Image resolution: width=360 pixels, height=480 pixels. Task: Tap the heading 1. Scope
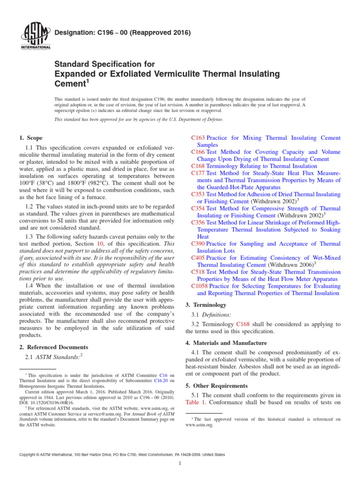[x=31, y=138]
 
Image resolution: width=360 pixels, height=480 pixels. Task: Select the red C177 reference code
[x=198, y=173]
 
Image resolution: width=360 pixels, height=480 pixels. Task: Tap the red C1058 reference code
[x=200, y=286]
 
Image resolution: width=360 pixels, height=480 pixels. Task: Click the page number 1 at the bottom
[x=180, y=464]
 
